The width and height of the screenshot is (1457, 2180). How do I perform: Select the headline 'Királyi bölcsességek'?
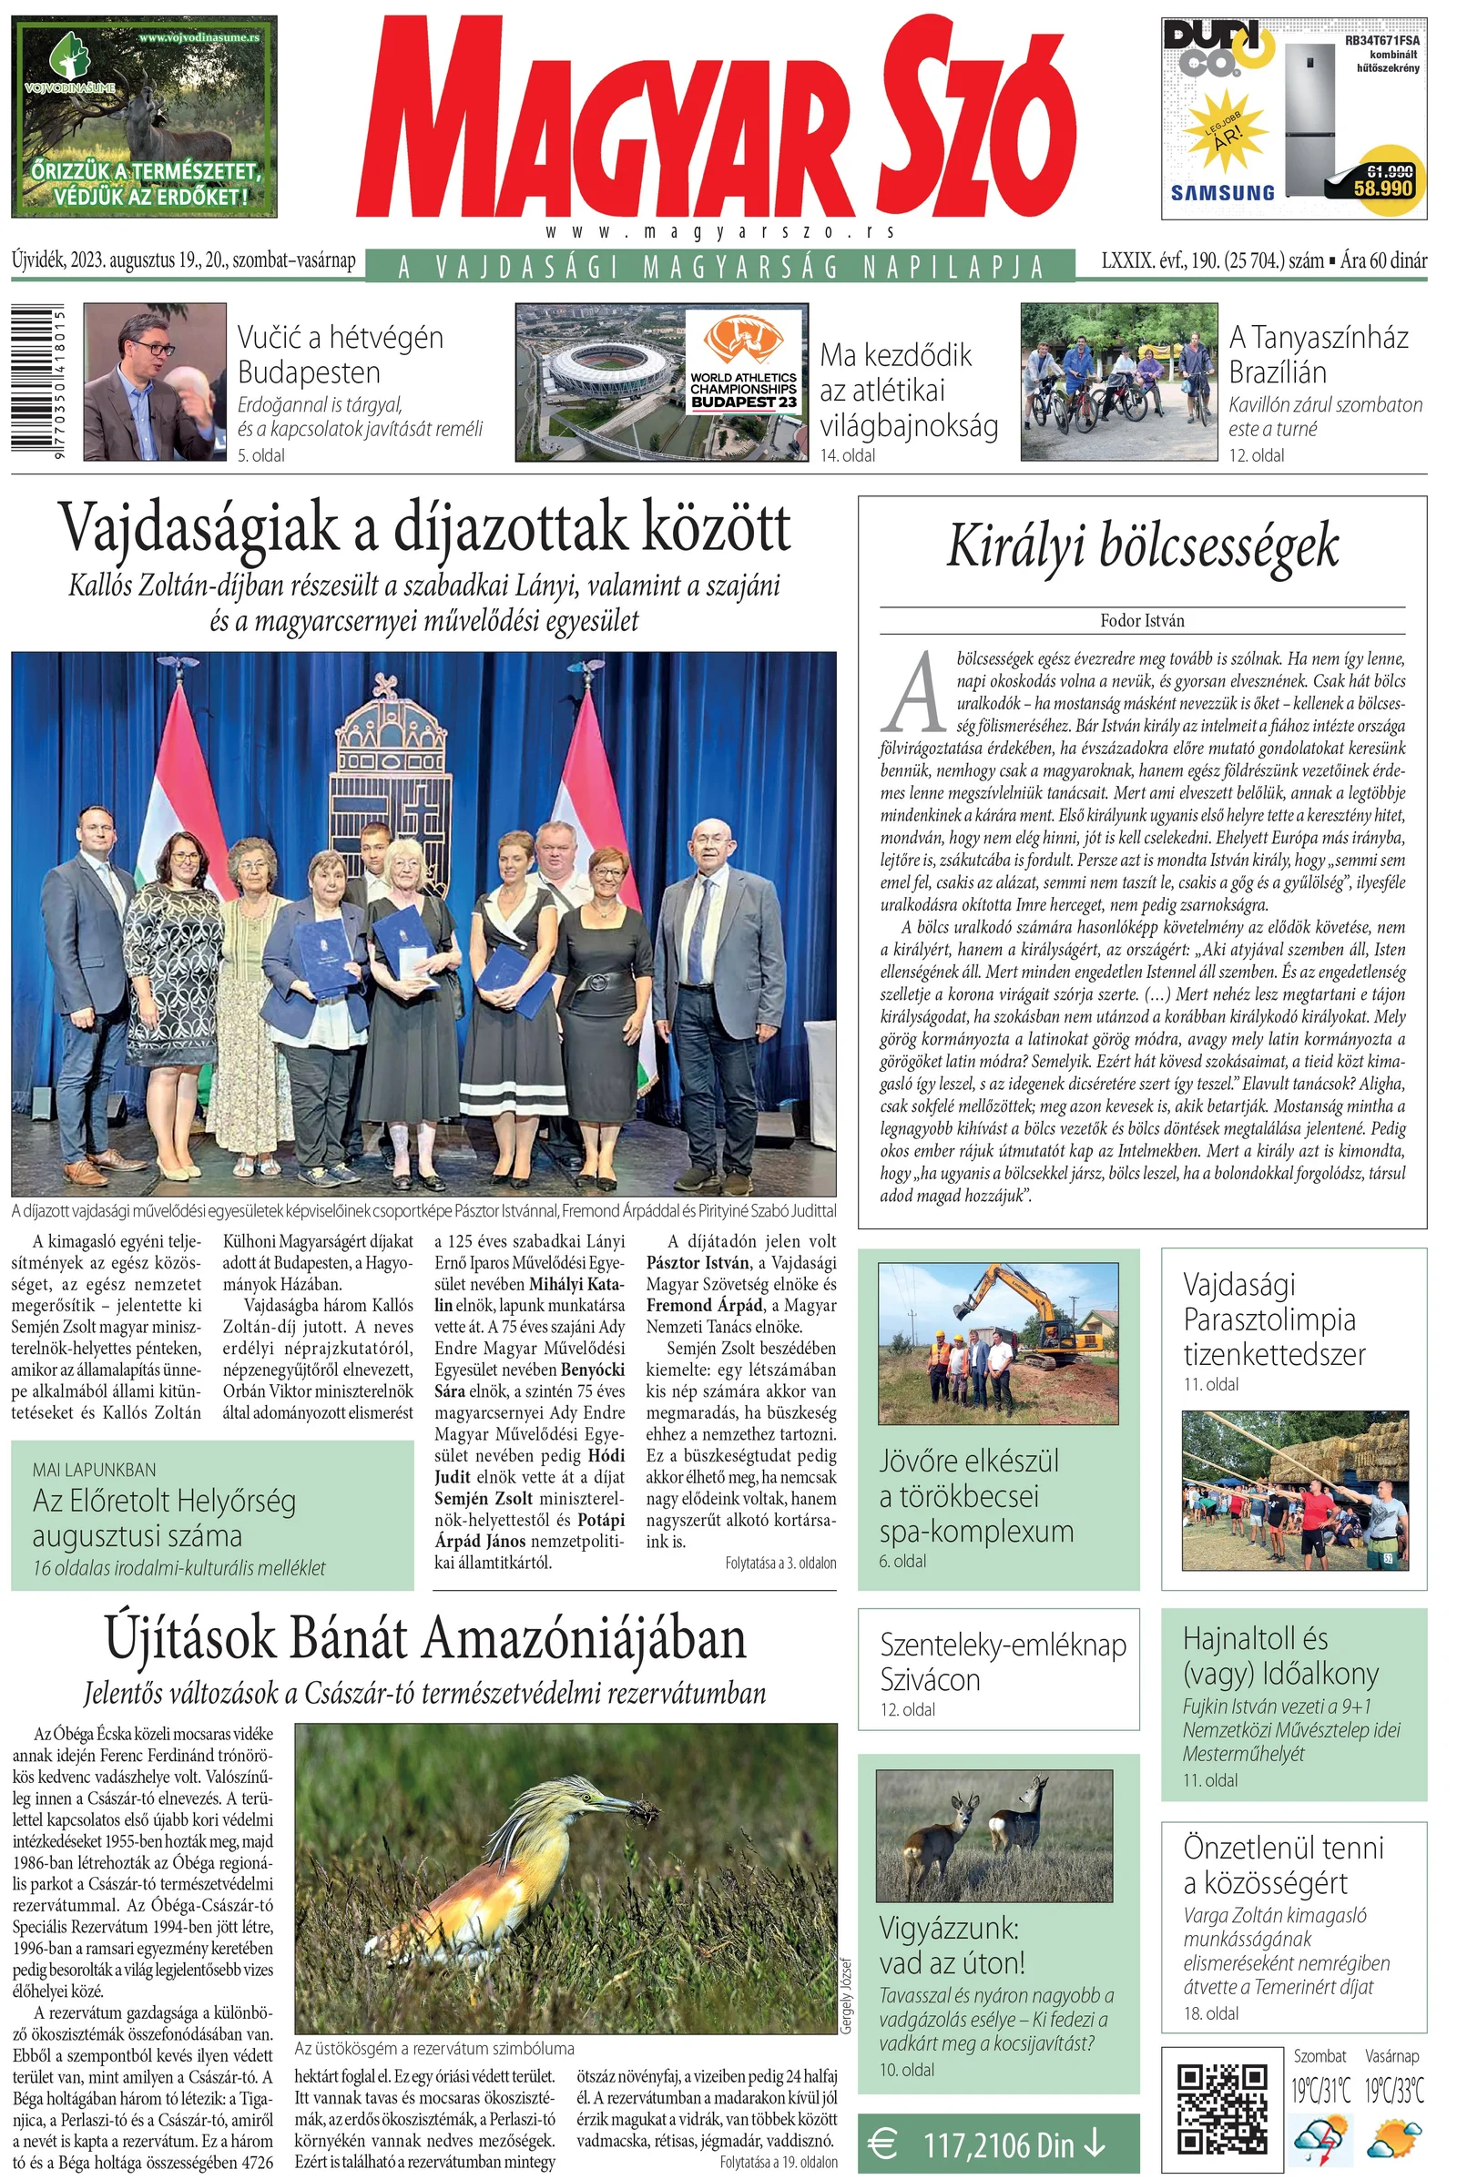click(1142, 546)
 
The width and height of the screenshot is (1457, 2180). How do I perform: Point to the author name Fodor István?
click(1142, 621)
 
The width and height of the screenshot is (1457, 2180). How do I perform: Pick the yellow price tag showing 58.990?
click(1382, 184)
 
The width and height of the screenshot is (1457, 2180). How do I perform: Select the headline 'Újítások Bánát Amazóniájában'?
click(424, 1639)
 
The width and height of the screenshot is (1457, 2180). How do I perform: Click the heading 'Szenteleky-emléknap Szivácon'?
click(1002, 1662)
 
